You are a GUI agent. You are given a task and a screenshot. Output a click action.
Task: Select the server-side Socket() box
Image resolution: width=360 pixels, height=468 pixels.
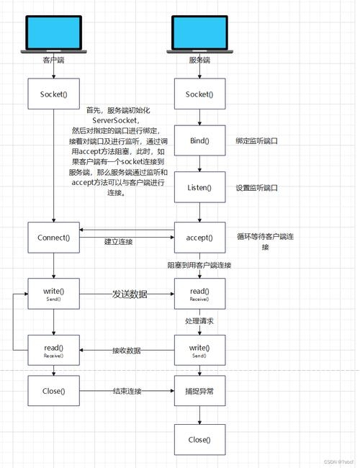199,94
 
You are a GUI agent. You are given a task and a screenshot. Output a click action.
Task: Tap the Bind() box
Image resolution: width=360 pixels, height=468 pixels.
199,140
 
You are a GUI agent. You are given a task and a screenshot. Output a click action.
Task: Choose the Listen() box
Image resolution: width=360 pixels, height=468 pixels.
199,187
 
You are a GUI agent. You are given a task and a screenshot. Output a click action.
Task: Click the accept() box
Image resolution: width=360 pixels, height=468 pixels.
199,238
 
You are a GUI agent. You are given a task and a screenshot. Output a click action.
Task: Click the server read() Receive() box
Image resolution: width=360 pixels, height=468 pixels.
199,294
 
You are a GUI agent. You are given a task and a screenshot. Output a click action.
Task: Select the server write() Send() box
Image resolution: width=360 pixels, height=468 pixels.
199,351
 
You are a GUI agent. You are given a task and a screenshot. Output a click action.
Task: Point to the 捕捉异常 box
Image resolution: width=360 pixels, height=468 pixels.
199,391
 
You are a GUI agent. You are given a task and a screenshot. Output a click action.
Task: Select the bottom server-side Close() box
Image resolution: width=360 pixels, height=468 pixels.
199,439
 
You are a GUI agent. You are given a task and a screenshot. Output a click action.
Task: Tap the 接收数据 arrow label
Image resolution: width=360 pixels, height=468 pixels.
126,351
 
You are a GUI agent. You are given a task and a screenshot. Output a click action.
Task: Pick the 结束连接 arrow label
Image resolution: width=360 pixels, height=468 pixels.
127,391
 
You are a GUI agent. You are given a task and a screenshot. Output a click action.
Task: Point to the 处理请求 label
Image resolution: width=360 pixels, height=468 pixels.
199,320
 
